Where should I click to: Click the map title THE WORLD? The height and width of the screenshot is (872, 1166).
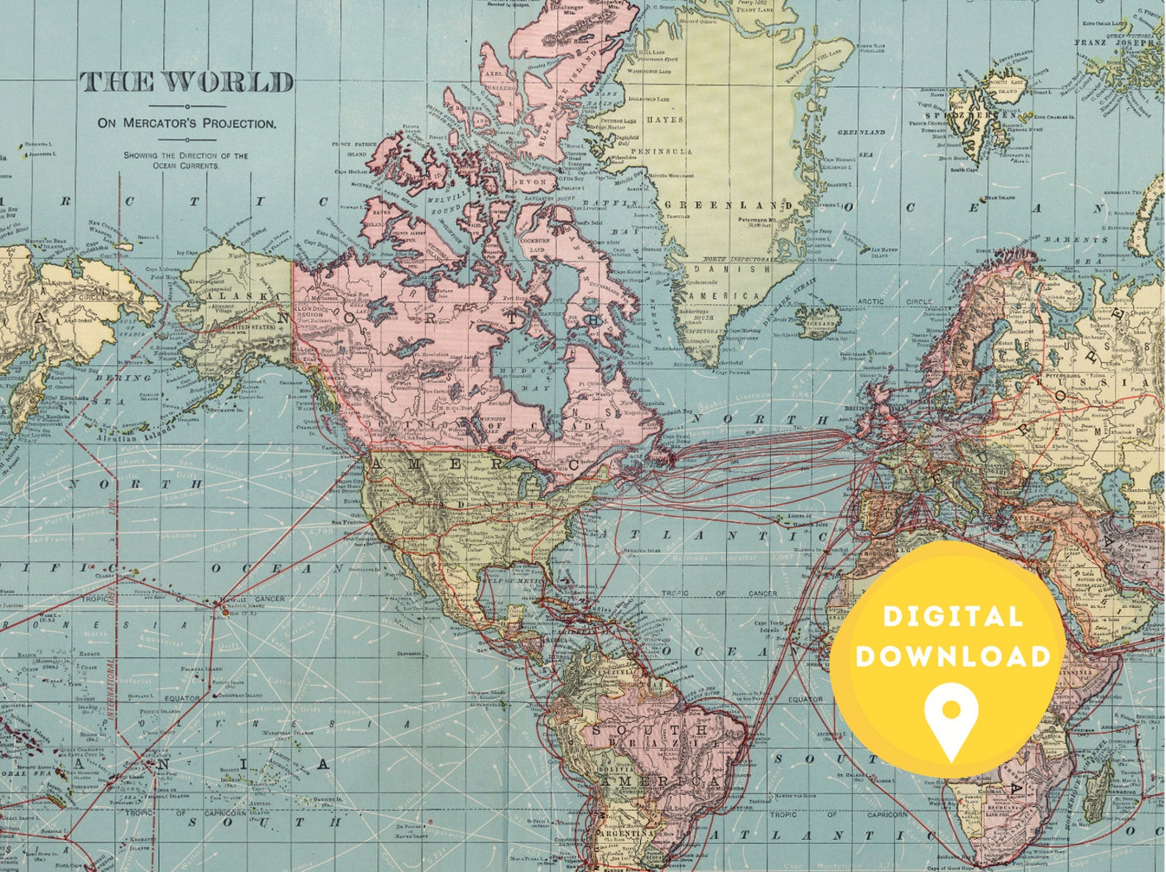[187, 82]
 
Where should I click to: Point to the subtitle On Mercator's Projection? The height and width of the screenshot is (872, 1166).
[187, 123]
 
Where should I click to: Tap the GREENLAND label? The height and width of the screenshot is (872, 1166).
[728, 205]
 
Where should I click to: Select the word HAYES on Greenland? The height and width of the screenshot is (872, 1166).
[665, 120]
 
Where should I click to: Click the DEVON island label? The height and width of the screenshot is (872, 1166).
[531, 181]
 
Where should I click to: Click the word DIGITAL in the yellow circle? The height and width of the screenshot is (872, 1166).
[953, 617]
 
